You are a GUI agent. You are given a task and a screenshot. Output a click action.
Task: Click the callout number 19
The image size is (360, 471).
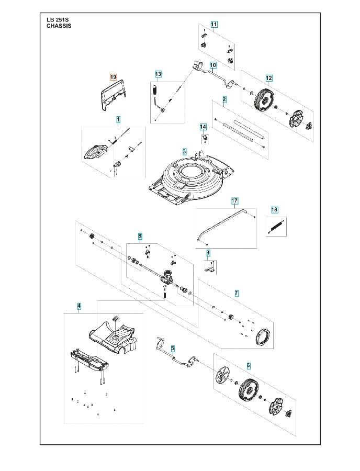point(113,76)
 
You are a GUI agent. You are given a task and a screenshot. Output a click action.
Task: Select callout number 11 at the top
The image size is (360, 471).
point(214,24)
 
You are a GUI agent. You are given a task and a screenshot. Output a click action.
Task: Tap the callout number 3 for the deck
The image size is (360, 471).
point(184,151)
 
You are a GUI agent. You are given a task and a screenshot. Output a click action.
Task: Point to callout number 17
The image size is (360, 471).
point(234,201)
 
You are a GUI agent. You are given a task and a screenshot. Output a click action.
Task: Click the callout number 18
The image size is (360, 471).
point(274,210)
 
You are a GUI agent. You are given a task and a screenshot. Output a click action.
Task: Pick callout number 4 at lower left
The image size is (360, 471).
point(79,305)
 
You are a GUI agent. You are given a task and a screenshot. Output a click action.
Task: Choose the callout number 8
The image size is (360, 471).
point(140,237)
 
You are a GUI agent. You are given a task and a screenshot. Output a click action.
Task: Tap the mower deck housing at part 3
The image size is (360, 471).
point(188,181)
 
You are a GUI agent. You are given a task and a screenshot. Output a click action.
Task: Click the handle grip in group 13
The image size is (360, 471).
point(155,94)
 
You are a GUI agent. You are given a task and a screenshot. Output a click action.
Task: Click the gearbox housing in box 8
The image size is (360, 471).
point(168,275)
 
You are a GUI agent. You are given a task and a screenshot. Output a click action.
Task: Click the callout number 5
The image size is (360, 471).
point(173,347)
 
